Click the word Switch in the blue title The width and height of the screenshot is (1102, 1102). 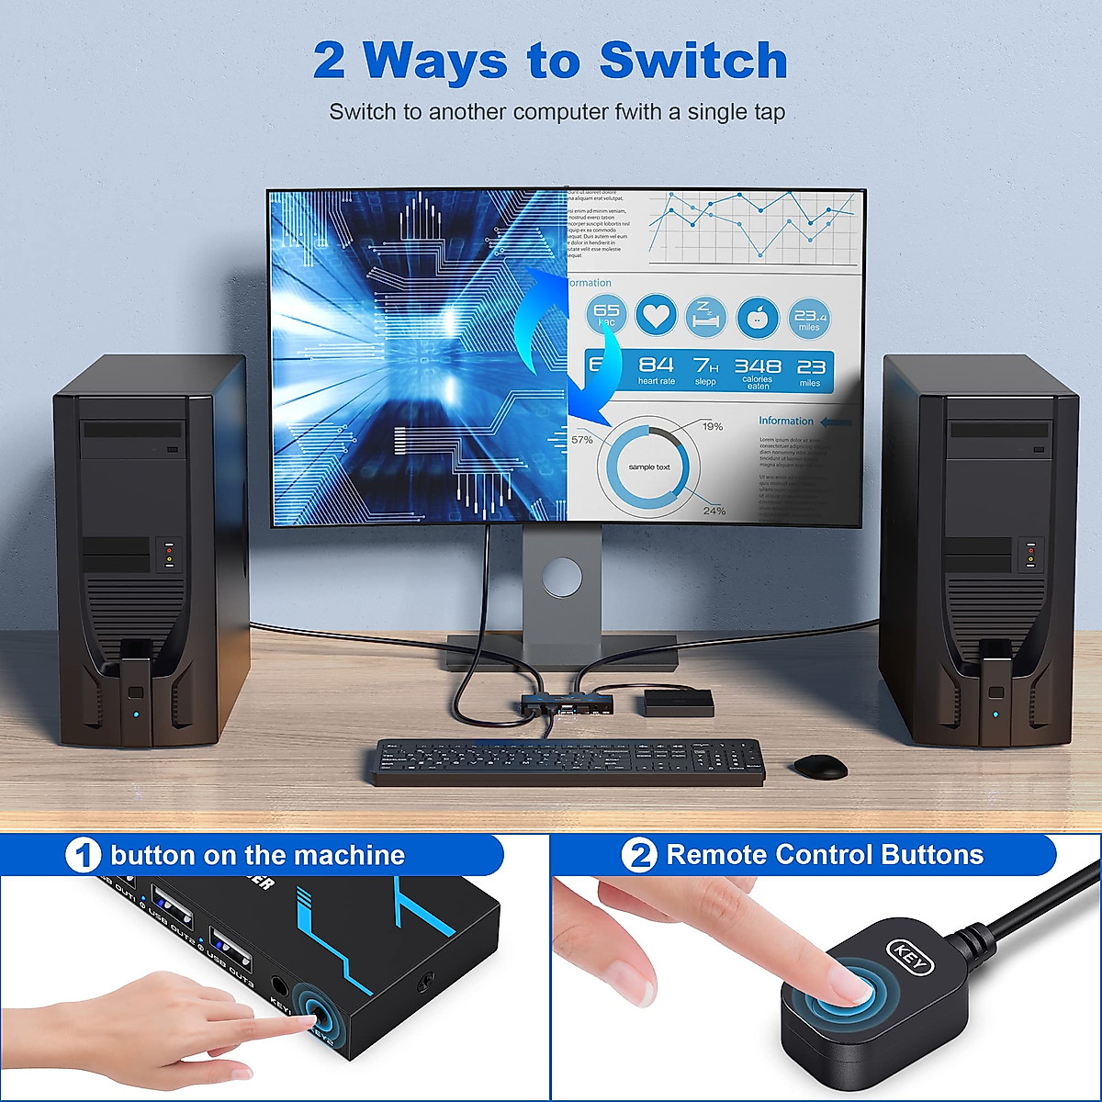pos(693,61)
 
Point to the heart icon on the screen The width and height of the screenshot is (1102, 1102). pos(656,316)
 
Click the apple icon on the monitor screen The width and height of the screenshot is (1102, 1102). pos(758,317)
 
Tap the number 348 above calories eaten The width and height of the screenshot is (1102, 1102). pos(758,366)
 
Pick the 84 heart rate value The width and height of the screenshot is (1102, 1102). pos(656,365)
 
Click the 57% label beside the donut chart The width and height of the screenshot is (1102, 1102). pos(582,440)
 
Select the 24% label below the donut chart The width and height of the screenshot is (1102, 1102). pos(714,511)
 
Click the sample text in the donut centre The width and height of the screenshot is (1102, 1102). pos(648,467)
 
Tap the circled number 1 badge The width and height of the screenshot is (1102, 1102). pos(83,856)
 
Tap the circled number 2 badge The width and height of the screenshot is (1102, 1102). pos(639,856)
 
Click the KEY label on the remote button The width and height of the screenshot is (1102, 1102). pos(910,956)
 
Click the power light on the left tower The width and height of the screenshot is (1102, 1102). pos(135,714)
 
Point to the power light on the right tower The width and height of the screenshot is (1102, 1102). pos(995,713)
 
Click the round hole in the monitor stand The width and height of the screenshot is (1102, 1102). pos(561,576)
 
